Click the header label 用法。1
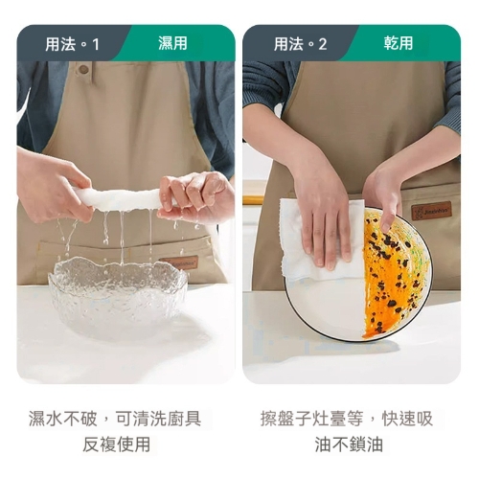click(x=72, y=44)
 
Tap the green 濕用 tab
click(x=172, y=44)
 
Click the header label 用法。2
click(x=300, y=44)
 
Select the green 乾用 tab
click(x=399, y=44)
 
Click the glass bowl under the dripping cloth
click(x=118, y=297)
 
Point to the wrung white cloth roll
click(x=120, y=199)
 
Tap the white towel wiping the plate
click(x=321, y=244)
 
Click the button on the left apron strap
click(x=83, y=69)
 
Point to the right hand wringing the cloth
click(x=196, y=196)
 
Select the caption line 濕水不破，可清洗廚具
click(x=115, y=419)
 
